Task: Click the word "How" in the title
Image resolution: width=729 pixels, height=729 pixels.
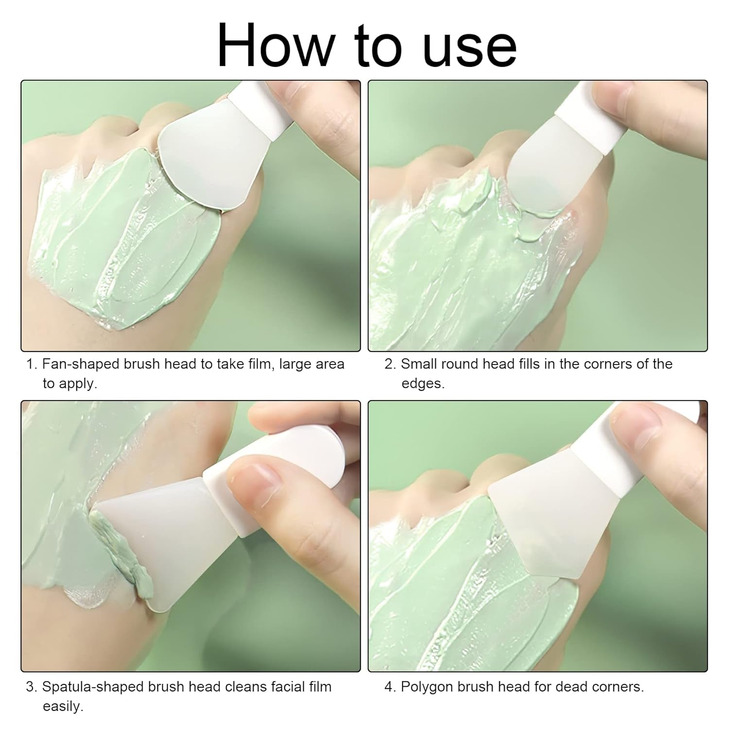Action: [x=274, y=45]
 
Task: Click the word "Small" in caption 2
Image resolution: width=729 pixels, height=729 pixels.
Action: [x=422, y=364]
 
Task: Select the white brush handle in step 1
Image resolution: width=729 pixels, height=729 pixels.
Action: [x=258, y=107]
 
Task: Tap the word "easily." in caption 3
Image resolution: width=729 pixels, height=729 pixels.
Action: [x=63, y=706]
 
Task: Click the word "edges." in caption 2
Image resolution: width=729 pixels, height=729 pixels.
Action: [x=423, y=383]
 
